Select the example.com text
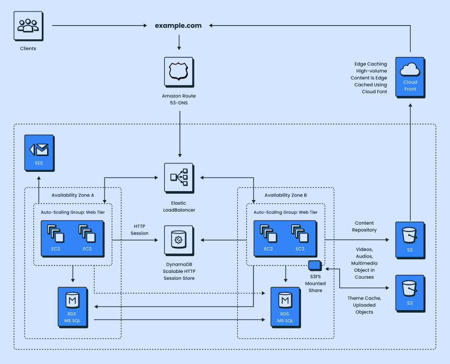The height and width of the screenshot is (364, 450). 178,25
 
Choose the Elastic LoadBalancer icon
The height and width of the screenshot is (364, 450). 179,178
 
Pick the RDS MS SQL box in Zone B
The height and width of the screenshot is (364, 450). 285,306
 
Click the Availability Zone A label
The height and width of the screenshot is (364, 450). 73,195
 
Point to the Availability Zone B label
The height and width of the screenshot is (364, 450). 285,195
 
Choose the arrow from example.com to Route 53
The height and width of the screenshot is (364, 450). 179,42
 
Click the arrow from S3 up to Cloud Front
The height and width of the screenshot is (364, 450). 410,157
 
